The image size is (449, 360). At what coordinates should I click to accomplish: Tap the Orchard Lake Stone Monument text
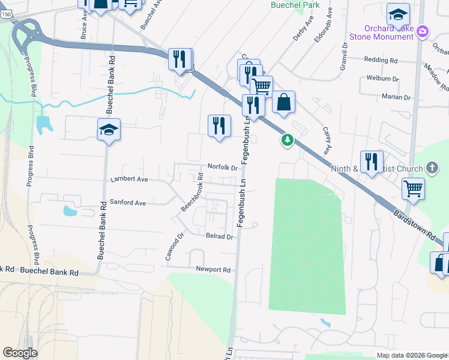(x=390, y=32)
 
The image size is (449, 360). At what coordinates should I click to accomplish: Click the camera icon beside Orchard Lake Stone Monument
(x=423, y=31)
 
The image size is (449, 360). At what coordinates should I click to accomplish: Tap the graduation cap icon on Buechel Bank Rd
(x=109, y=130)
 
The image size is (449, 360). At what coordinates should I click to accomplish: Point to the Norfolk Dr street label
(x=223, y=167)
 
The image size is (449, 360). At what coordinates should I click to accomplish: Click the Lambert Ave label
(x=129, y=179)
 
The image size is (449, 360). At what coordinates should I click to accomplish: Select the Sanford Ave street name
(x=128, y=203)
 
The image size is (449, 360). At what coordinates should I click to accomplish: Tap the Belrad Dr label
(x=219, y=237)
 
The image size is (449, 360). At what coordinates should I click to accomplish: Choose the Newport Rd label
(x=213, y=270)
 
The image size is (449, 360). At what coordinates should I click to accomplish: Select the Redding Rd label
(x=381, y=61)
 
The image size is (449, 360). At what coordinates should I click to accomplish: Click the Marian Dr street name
(x=396, y=97)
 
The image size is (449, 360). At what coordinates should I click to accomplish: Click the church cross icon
(x=432, y=167)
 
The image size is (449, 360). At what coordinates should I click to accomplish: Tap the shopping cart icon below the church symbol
(x=413, y=188)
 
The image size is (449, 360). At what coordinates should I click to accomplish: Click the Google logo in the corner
(x=20, y=353)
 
